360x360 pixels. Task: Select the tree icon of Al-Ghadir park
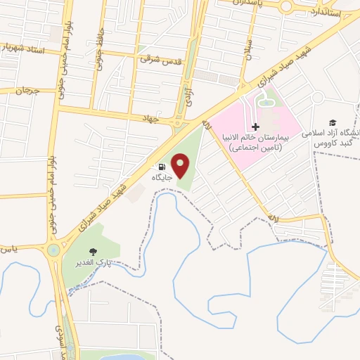tap(92, 251)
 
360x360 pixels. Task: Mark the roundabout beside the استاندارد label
tap(286, 7)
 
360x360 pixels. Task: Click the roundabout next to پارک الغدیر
tap(53, 250)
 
